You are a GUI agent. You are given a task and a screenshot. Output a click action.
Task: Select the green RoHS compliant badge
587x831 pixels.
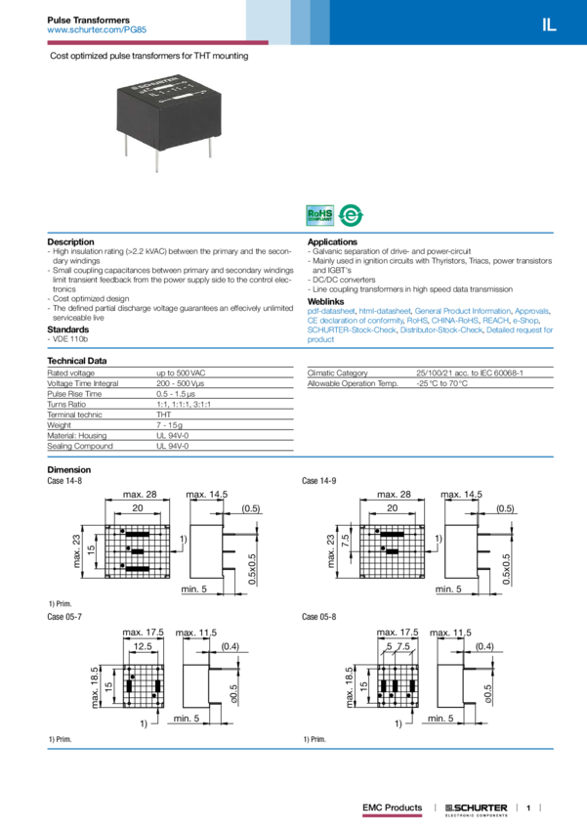point(320,215)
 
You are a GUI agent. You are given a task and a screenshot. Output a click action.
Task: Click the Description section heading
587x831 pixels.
point(71,241)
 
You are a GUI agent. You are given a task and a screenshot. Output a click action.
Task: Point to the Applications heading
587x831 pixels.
point(332,241)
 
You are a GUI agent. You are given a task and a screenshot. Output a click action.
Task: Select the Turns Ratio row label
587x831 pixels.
point(67,404)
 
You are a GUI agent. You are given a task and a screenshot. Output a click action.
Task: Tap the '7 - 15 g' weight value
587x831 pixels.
point(171,425)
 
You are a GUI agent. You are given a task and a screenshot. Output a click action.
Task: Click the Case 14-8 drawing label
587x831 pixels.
point(64,481)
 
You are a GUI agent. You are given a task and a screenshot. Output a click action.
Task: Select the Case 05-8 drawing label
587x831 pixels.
point(319,617)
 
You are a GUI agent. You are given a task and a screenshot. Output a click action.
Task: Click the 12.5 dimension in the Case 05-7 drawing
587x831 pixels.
point(144,646)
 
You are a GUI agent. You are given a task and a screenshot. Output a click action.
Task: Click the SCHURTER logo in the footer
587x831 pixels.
point(475,809)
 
